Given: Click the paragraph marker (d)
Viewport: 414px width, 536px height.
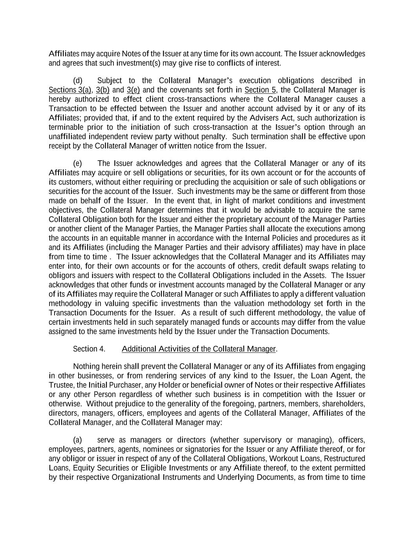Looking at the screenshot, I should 78,80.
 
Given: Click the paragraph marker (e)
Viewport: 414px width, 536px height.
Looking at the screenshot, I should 78,163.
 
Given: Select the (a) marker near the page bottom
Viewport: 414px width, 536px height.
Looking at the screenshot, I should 78,440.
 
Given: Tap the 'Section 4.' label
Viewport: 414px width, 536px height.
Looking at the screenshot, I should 89,349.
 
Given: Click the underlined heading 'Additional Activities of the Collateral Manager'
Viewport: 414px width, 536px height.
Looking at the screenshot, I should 199,349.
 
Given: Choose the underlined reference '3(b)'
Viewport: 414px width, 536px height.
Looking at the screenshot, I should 103,90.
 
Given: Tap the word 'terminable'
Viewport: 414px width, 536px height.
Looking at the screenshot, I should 66,127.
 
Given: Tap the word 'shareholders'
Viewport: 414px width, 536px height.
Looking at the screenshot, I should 343,404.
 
